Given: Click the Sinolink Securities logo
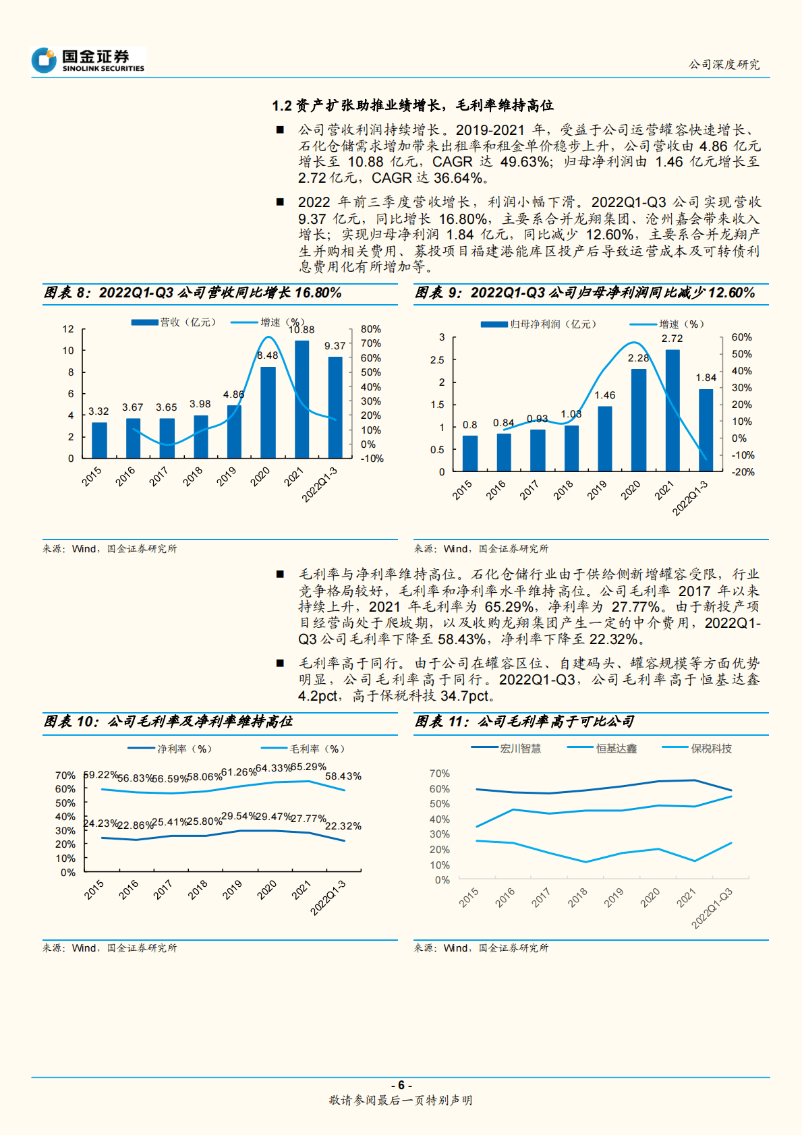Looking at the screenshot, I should (88, 60).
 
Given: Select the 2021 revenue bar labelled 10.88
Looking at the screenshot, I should (302, 399).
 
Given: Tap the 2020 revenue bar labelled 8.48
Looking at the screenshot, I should (268, 412).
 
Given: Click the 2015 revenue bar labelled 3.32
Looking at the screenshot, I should (99, 440).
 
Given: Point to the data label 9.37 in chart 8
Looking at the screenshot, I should (335, 346).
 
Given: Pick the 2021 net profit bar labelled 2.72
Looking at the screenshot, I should (672, 410).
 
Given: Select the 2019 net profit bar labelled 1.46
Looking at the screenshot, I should (604, 438).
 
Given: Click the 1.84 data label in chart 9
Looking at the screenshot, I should (706, 378).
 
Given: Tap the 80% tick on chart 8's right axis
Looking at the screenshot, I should (370, 329).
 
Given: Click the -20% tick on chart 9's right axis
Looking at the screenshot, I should (743, 472).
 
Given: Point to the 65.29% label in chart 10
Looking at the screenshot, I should (308, 767).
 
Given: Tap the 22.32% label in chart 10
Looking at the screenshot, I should (343, 825).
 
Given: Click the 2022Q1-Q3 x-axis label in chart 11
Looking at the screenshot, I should (712, 908).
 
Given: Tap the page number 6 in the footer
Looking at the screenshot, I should (401, 1085).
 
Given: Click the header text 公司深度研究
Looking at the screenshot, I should (724, 65).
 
